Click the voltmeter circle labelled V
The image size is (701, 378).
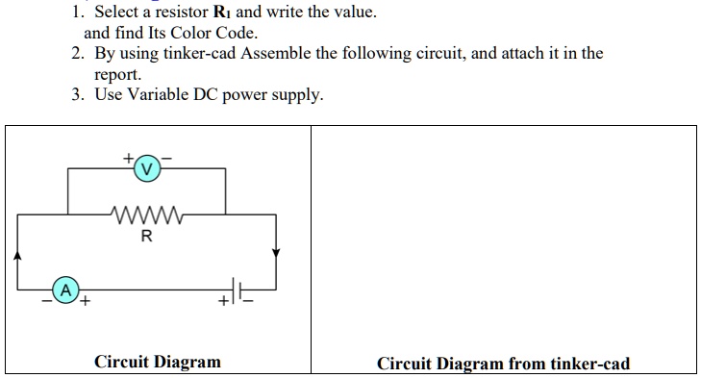click(146, 168)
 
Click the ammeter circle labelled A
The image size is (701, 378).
click(65, 289)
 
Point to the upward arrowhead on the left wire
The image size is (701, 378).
click(17, 256)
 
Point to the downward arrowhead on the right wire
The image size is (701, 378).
click(276, 253)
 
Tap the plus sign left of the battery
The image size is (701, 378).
click(223, 302)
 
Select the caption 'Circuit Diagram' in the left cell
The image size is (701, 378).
click(157, 362)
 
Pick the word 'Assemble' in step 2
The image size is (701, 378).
click(291, 54)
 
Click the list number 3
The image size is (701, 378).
click(77, 95)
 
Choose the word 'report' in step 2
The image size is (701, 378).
click(115, 74)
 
